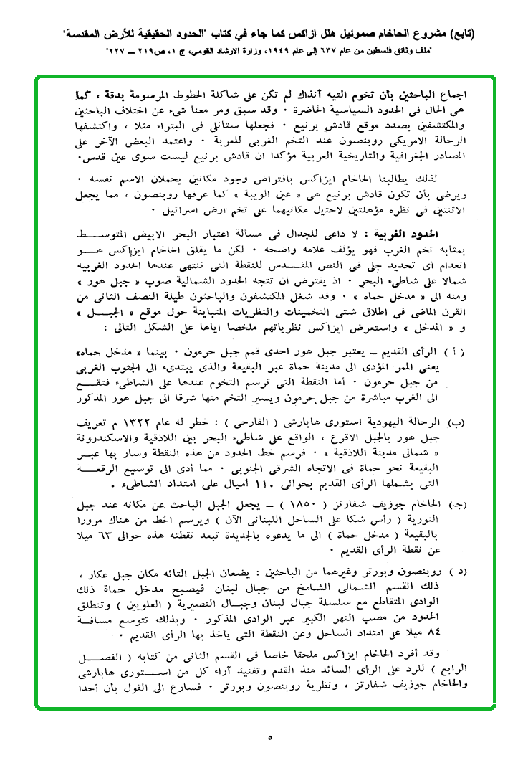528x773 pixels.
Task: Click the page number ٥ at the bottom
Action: tap(270, 736)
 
